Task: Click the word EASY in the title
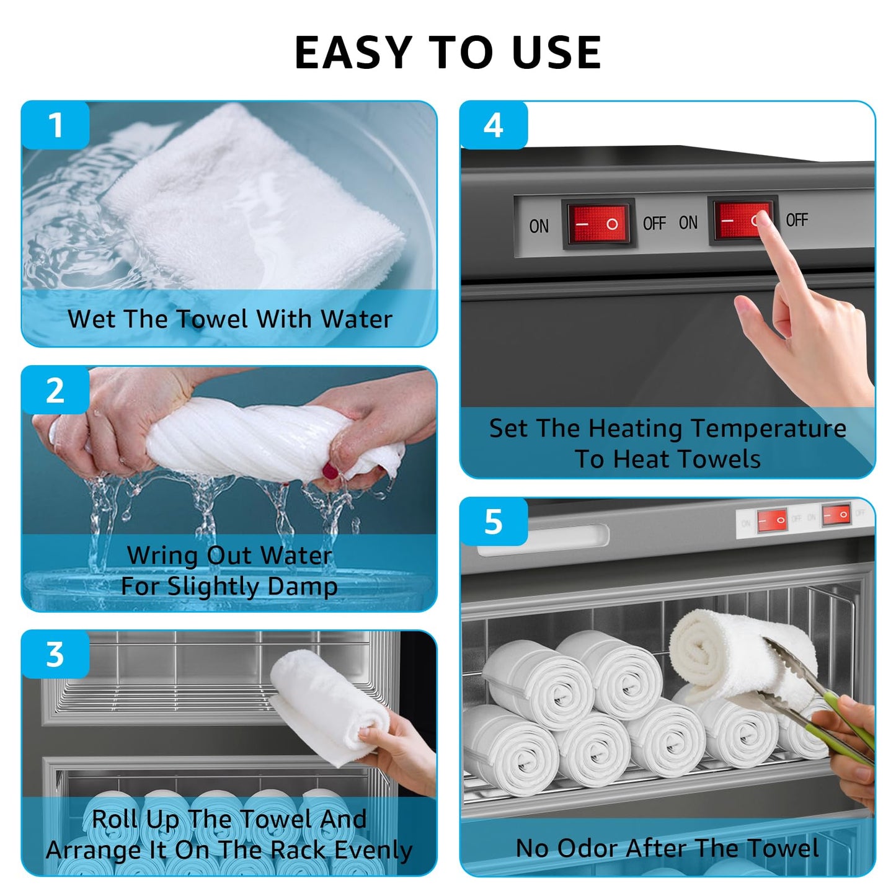(354, 52)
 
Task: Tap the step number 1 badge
(55, 125)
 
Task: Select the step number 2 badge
(55, 391)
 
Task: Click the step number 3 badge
(55, 655)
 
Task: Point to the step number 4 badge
(494, 125)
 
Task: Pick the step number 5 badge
(494, 521)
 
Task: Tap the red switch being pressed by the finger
(742, 220)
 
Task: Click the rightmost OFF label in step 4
(797, 220)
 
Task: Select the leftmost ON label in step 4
(539, 226)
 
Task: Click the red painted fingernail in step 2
(330, 471)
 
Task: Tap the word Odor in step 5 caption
(587, 848)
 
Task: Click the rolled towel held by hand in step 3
(328, 708)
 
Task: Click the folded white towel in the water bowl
(254, 200)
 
